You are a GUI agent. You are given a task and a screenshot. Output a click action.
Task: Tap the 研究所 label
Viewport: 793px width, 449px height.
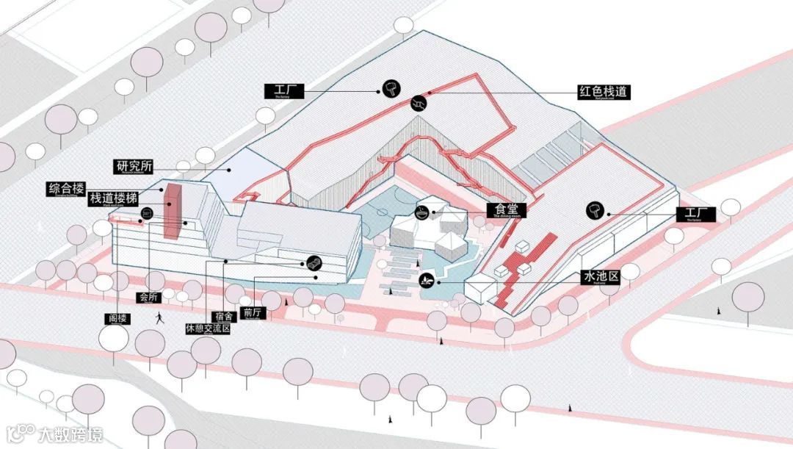tap(132, 165)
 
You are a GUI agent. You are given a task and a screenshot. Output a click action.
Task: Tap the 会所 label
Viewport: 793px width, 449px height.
tap(147, 298)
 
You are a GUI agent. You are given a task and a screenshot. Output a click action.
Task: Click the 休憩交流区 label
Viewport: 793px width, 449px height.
tap(209, 328)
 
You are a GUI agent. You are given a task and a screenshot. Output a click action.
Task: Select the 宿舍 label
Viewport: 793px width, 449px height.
tap(225, 316)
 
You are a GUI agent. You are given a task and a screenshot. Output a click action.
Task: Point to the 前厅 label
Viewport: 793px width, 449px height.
tap(252, 312)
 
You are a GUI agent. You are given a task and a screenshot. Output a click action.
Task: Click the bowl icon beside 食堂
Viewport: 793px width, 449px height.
tap(422, 212)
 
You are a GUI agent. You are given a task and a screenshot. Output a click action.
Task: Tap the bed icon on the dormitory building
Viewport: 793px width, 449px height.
tap(313, 262)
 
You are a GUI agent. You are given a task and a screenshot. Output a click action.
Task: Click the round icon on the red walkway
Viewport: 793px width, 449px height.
tap(419, 102)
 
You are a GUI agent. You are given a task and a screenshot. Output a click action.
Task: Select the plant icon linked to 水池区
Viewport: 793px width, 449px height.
tap(426, 279)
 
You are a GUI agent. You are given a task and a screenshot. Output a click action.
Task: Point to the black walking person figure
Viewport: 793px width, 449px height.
tap(159, 317)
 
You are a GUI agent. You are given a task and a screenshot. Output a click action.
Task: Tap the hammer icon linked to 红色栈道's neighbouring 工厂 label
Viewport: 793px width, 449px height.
tap(390, 90)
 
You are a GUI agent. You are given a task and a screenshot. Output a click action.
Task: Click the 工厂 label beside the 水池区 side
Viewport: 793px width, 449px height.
tap(695, 215)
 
